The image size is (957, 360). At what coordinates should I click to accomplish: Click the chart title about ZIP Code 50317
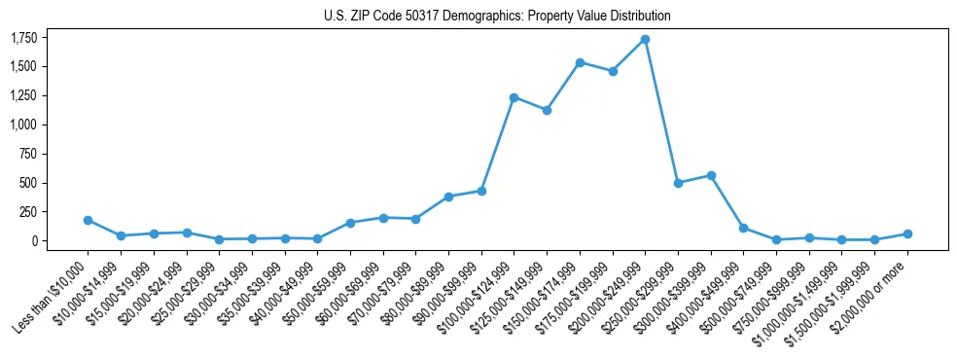tap(497, 16)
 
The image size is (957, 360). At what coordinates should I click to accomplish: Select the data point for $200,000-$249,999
tap(645, 39)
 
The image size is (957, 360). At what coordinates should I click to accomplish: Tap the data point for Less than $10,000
tap(88, 220)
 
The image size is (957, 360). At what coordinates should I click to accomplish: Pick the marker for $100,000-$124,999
tap(514, 97)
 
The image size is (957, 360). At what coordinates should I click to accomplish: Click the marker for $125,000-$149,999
tap(547, 110)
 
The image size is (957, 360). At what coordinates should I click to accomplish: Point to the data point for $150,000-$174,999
tap(580, 62)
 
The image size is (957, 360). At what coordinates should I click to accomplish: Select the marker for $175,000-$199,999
tap(613, 71)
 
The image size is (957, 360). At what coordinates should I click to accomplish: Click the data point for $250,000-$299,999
tap(678, 183)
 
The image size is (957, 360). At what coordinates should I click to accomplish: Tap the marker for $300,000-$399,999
tap(711, 175)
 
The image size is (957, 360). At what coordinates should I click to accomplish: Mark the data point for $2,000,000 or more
tap(907, 234)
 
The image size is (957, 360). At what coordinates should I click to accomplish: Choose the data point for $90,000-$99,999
tap(481, 191)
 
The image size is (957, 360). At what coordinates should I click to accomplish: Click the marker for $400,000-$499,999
tap(743, 228)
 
